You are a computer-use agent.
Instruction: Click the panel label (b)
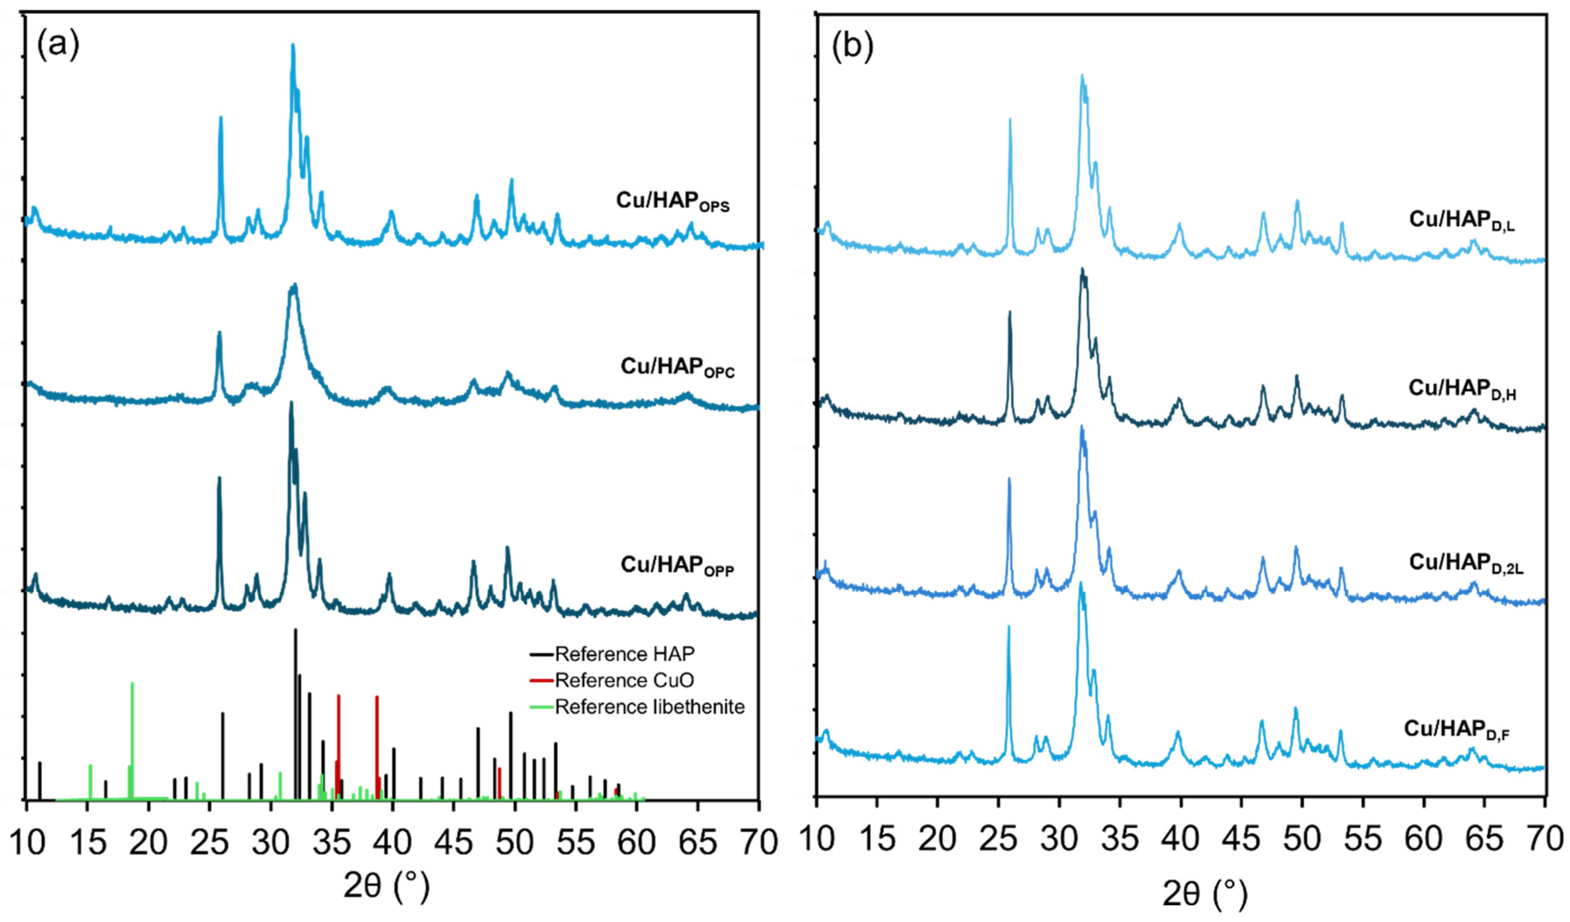pos(852,47)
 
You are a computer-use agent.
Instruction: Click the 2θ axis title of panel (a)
pos(386,885)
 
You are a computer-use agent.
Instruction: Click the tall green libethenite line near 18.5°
pos(132,741)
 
